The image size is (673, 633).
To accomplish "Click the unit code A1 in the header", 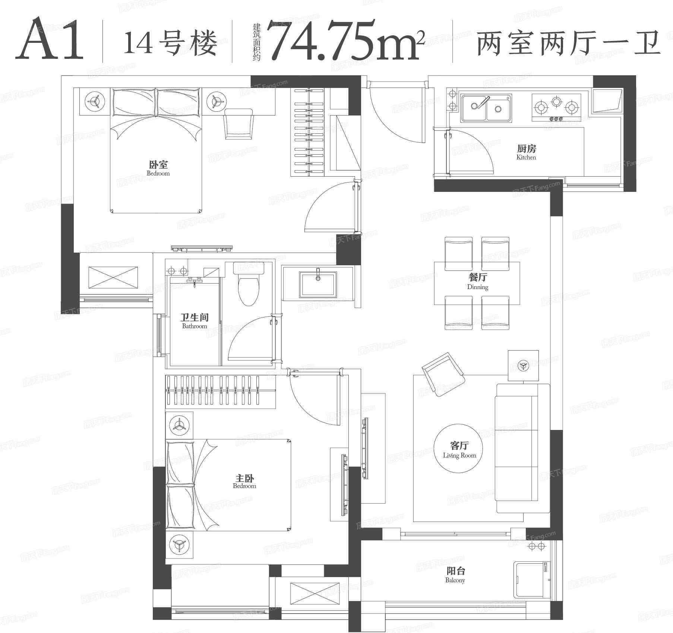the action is (50, 39).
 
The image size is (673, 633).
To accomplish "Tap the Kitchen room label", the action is (526, 152).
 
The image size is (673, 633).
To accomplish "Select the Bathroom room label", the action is (194, 321).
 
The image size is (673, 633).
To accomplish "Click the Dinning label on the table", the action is (477, 282).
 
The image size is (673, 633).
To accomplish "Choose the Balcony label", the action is (455, 575).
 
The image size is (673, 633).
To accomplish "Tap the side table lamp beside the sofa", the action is (524, 365).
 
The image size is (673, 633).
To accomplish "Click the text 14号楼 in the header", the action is (170, 44).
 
